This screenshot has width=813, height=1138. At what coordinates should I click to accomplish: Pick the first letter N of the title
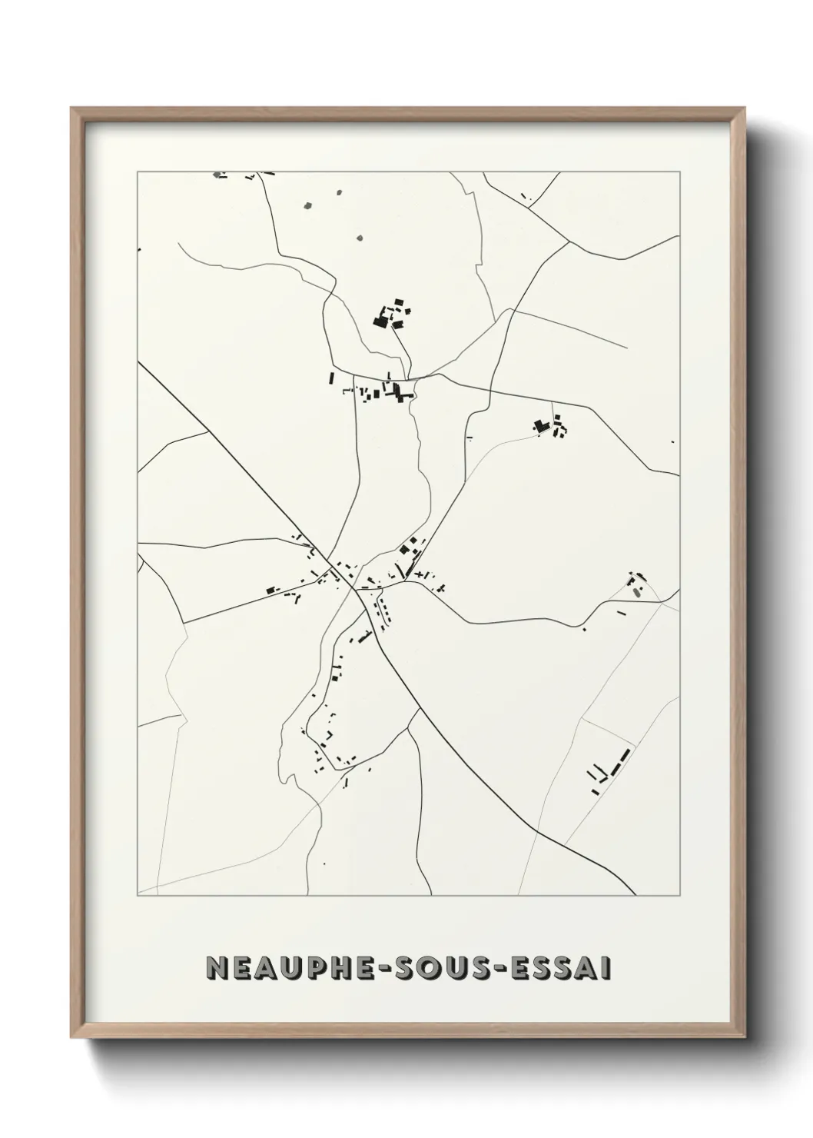[217, 969]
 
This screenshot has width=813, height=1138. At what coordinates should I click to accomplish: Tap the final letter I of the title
[608, 969]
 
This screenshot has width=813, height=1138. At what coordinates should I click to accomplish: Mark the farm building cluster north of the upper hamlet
[392, 314]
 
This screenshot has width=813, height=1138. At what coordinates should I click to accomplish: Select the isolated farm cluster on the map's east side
[551, 426]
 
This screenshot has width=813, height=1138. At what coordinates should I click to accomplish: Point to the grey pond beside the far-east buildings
[635, 592]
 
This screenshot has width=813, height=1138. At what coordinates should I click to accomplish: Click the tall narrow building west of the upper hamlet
[332, 378]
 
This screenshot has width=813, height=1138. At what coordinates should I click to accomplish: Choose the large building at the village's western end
[270, 590]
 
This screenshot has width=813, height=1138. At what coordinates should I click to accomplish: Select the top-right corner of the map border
[679, 172]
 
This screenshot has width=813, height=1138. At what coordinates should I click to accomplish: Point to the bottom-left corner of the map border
[138, 895]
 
